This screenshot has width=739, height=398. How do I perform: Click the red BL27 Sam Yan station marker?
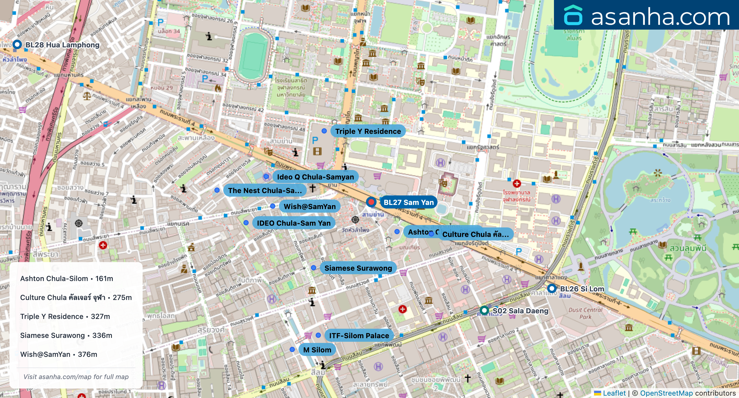point(371,202)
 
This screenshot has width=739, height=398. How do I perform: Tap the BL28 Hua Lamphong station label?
point(62,45)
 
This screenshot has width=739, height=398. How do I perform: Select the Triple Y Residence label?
point(368,131)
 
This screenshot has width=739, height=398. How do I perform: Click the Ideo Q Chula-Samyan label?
point(315,177)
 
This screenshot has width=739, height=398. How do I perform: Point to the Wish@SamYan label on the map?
point(309,206)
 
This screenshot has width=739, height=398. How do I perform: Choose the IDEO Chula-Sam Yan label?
point(293,223)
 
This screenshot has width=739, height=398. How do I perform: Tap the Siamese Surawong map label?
point(358,268)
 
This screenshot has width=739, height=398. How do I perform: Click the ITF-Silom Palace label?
point(359,336)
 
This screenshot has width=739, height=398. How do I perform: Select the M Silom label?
point(317,350)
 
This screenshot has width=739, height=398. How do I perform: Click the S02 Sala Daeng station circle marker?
point(484,310)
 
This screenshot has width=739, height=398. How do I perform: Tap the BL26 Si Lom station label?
point(582,289)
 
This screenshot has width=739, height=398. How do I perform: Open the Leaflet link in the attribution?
point(614,393)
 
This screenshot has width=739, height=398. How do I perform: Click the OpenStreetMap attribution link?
point(666,393)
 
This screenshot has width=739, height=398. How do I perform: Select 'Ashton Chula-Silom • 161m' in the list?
point(67,279)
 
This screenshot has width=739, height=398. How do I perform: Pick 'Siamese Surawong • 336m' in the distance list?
point(66,336)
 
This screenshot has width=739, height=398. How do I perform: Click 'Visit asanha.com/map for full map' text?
point(76,377)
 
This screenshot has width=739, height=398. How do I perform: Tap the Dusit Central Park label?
point(585,313)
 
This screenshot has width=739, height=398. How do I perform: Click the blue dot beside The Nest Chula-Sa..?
point(217,190)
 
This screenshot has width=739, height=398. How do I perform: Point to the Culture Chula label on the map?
point(475,235)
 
